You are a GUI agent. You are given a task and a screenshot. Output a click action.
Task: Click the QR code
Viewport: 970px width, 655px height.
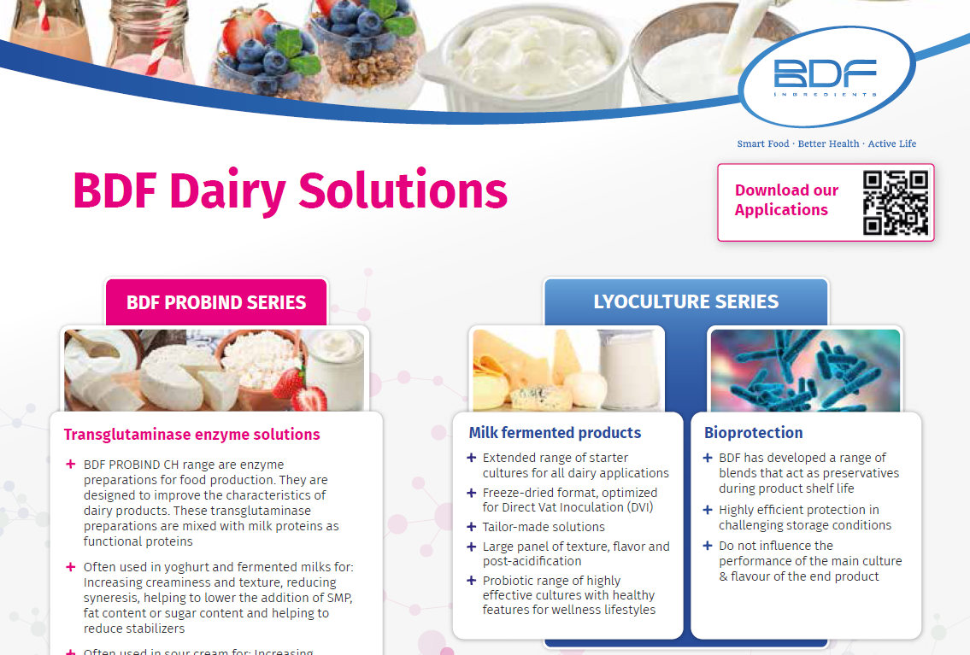pos(895,202)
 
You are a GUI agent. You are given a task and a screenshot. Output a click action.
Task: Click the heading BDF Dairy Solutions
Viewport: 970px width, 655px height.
pos(291,190)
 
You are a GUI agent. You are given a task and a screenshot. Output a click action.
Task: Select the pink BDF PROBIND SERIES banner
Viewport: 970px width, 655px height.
pos(216,302)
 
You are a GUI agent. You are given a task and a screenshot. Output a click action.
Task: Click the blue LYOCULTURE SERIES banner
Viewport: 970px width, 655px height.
pos(685,301)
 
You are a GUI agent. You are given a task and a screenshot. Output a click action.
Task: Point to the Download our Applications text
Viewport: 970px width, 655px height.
pos(786,200)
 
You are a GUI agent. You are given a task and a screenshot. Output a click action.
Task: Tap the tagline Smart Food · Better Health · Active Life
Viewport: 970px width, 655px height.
pos(826,143)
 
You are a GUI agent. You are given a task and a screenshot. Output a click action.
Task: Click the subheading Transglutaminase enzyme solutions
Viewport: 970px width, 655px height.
pos(192,434)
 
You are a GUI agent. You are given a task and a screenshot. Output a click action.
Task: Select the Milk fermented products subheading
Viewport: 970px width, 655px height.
pos(555,433)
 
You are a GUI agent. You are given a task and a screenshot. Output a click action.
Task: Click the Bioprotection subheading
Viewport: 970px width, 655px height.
pos(753,433)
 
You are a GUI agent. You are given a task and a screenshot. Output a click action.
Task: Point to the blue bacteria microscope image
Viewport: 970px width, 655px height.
pos(805,370)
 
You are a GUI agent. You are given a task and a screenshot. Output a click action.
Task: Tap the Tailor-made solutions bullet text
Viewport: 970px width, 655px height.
pos(544,527)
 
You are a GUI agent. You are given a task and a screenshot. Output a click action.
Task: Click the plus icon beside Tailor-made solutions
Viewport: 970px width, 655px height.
pos(471,527)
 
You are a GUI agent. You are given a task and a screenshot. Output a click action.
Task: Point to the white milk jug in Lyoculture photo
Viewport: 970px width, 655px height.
pos(631,367)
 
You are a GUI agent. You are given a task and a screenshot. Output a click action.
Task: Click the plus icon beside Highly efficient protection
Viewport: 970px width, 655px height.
pos(708,510)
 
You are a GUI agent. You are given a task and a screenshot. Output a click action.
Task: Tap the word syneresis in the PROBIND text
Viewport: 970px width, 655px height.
pos(111,597)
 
